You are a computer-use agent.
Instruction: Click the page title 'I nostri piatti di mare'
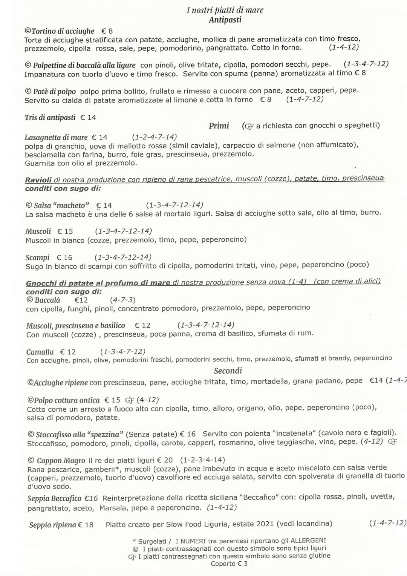coord(225,10)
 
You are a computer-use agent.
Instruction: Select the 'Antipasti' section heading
coord(225,20)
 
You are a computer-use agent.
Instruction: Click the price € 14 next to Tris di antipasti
coord(88,118)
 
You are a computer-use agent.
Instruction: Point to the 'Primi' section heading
coord(219,126)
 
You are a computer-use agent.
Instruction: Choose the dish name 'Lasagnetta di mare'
coord(56,138)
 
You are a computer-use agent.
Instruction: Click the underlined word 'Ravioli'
coord(38,180)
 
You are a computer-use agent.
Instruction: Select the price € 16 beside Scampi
coord(64,257)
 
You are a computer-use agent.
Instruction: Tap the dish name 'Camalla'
coord(40,352)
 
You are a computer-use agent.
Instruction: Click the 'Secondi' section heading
coord(228,371)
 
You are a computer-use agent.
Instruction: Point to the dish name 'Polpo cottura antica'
coord(67,400)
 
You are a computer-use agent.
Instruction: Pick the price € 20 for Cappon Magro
coord(165,460)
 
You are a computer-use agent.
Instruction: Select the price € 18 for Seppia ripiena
coord(86,525)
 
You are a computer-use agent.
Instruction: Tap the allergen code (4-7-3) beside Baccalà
coord(122,300)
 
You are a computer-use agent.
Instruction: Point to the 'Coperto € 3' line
coord(229,564)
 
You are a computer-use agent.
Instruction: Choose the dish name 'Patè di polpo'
coord(54,92)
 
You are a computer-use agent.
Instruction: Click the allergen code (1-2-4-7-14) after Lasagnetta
coord(154,137)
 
